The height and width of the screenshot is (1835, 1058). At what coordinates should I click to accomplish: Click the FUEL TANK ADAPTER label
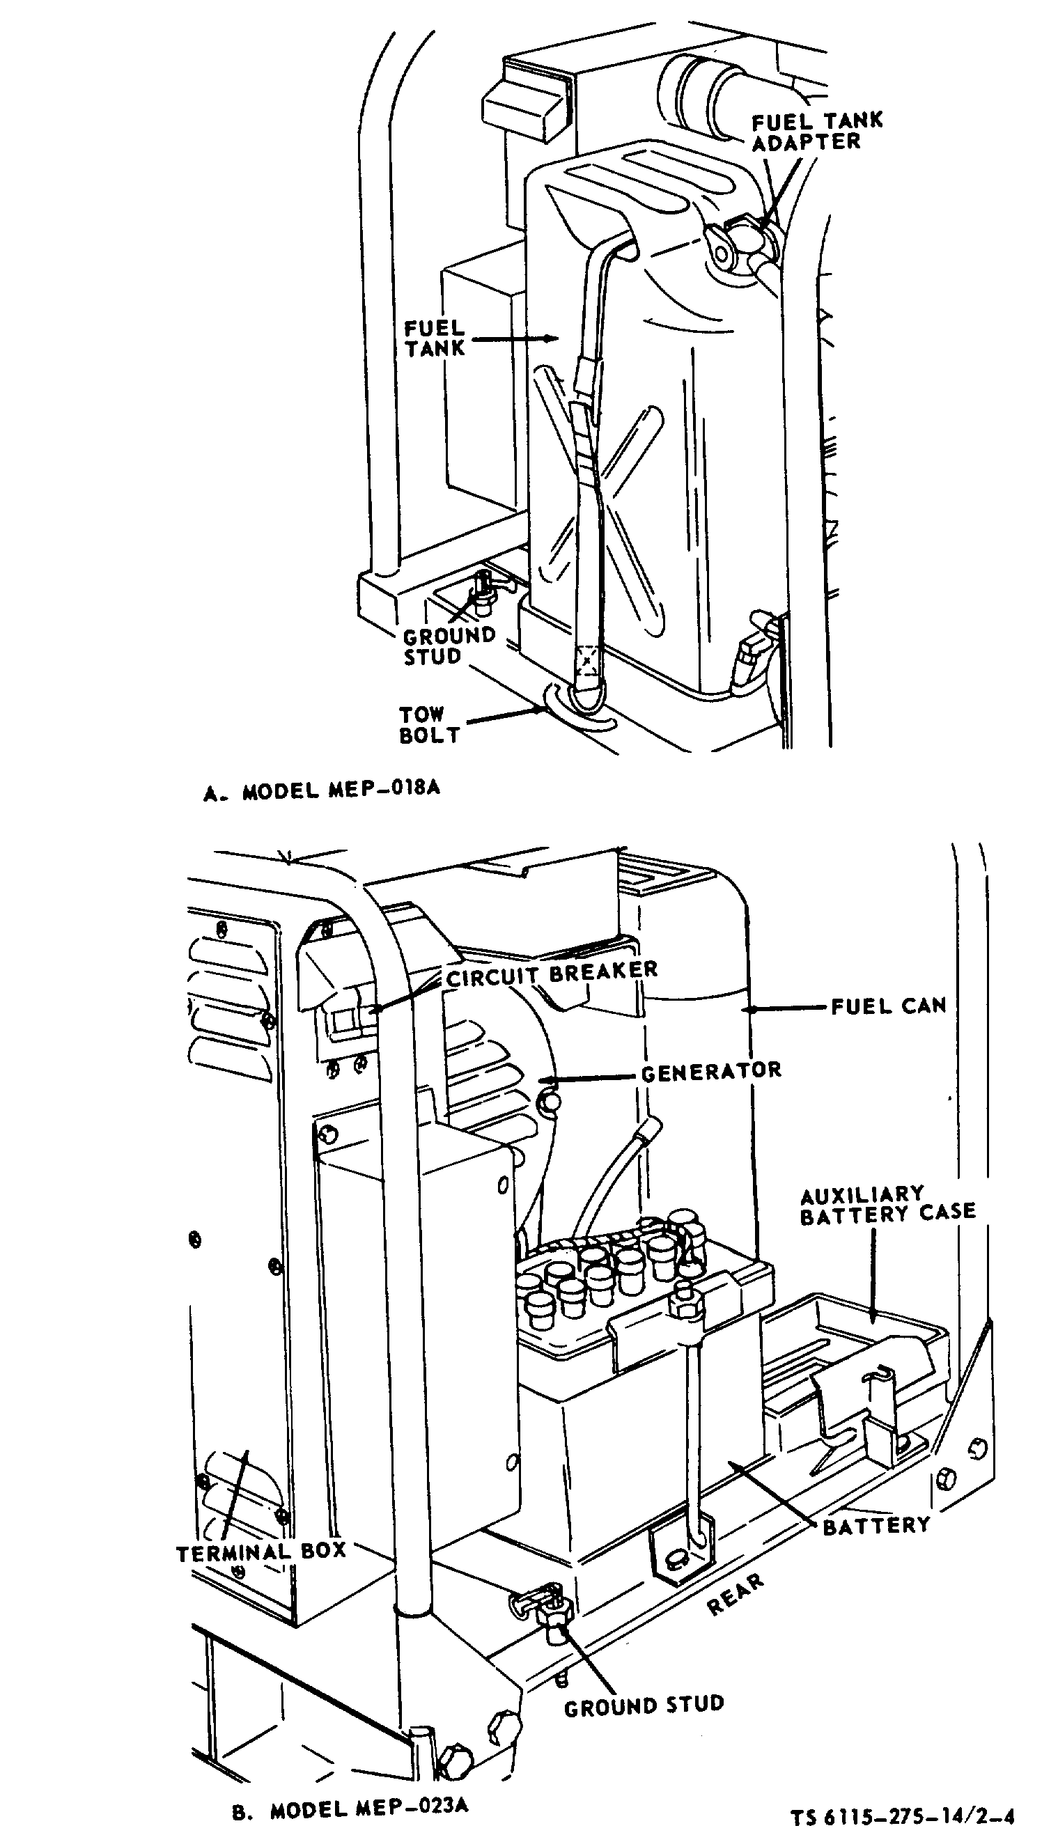(x=817, y=132)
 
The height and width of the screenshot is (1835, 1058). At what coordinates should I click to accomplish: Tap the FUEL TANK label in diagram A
(x=435, y=338)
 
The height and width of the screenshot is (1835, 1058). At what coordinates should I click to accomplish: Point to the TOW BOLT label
(x=430, y=724)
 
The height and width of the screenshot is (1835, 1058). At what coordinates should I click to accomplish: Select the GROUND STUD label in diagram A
(x=449, y=646)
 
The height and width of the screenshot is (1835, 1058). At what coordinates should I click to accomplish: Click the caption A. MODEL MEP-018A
(x=322, y=790)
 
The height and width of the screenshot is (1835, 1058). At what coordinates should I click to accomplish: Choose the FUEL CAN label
(x=889, y=1006)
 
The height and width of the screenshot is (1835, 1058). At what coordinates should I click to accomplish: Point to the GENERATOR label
(x=711, y=1071)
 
